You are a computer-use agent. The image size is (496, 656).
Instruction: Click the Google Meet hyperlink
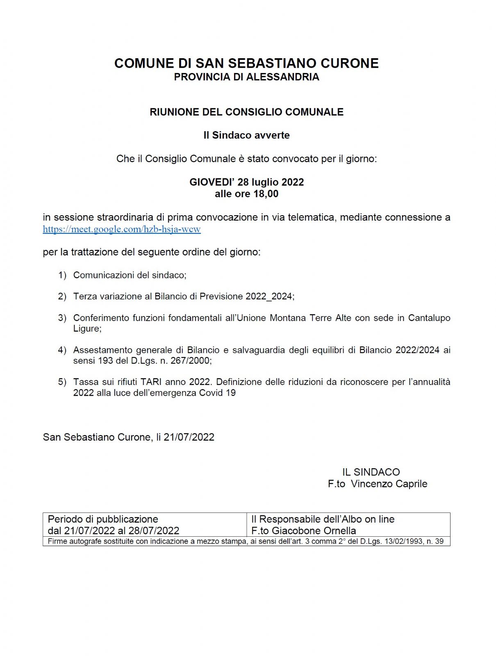click(x=122, y=229)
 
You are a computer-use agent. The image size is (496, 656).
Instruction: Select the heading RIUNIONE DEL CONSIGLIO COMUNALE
click(x=246, y=112)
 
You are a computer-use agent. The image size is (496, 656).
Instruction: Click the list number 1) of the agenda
click(x=62, y=275)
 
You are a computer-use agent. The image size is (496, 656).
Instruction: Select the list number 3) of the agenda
click(x=62, y=318)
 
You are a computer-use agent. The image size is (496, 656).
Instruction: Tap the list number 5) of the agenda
click(x=62, y=382)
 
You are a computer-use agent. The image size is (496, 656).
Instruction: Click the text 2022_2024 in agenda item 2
click(x=269, y=296)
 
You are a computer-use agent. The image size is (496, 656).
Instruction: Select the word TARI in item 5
click(x=151, y=382)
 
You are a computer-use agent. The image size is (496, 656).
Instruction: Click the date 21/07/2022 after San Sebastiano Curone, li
click(x=189, y=437)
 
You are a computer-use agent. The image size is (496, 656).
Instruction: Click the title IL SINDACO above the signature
click(x=371, y=472)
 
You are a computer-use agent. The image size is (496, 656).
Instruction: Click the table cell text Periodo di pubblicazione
click(x=103, y=519)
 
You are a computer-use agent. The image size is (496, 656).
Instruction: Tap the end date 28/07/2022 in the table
click(x=154, y=531)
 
